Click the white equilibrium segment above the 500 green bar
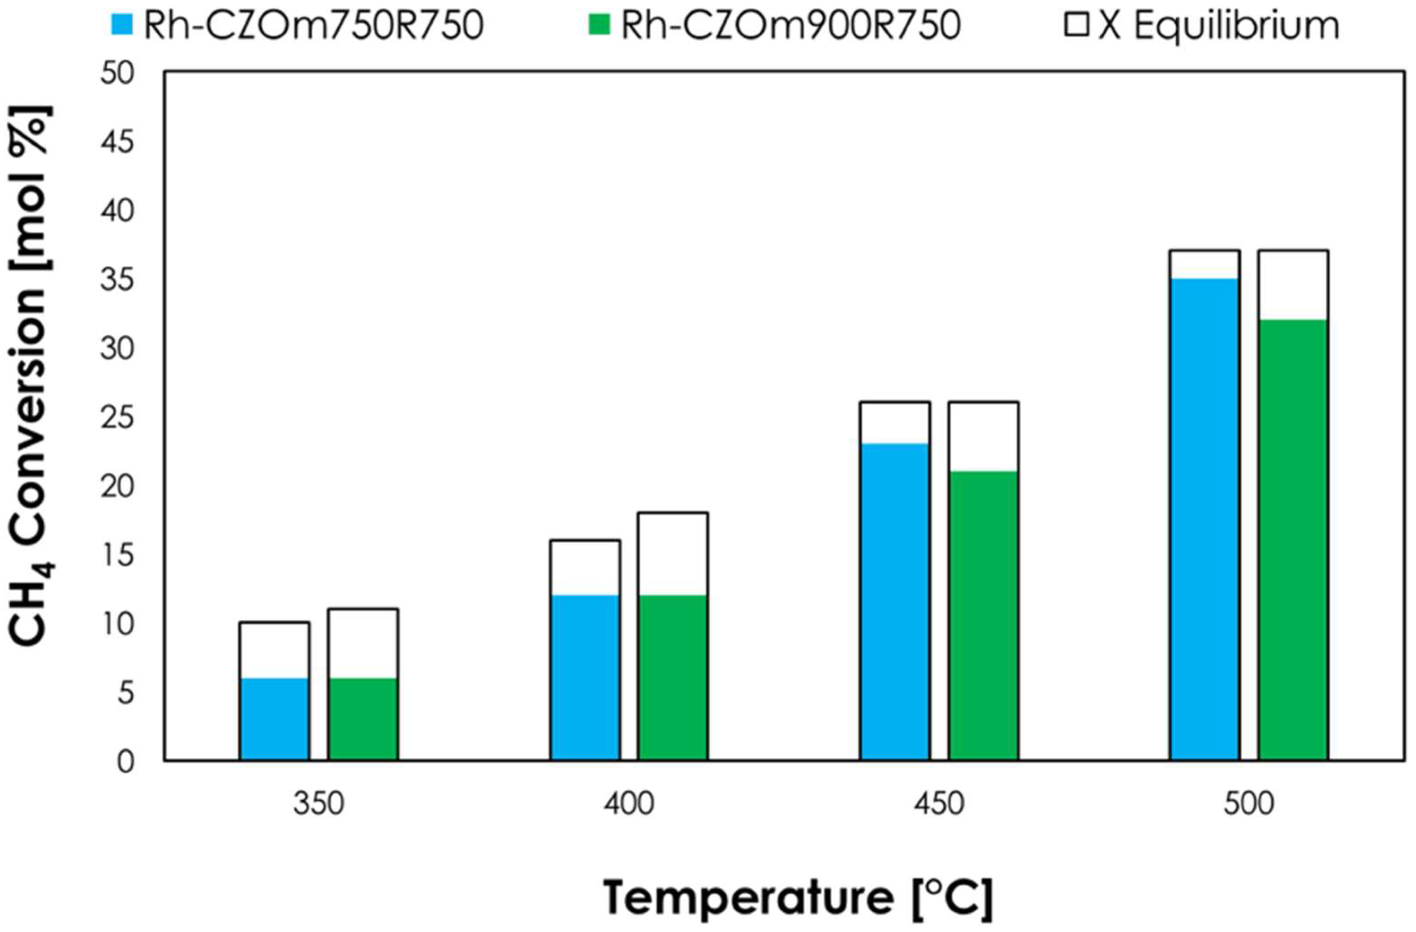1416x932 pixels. click(x=1293, y=285)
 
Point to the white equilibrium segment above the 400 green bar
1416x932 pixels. click(x=673, y=553)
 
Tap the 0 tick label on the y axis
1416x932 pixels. click(x=125, y=762)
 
